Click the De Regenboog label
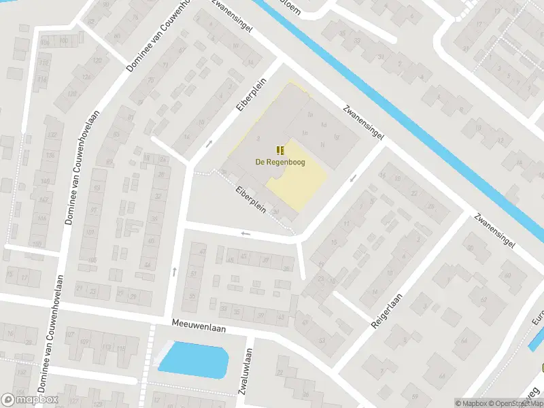(x=280, y=162)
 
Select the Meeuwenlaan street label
(x=198, y=326)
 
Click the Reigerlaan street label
(x=388, y=311)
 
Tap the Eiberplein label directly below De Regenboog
(x=252, y=201)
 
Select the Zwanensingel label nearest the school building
(x=364, y=122)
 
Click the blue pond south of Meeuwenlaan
(x=194, y=359)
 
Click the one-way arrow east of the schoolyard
(x=352, y=179)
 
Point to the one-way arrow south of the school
(x=245, y=234)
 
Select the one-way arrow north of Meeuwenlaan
(x=175, y=271)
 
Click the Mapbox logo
(x=29, y=400)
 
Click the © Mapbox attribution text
(x=470, y=403)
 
